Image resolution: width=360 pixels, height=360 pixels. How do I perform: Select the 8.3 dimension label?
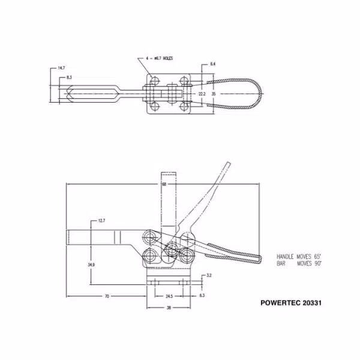point(70,77)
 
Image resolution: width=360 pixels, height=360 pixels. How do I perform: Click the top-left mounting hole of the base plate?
point(155,81)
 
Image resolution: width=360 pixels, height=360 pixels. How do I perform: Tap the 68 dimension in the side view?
point(164,184)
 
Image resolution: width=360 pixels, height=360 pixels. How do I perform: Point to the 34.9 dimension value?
point(91,263)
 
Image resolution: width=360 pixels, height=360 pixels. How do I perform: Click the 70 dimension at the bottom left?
point(106,296)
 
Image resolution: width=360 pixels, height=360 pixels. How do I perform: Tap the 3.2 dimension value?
point(209,275)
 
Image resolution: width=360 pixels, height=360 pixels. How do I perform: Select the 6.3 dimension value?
point(202,296)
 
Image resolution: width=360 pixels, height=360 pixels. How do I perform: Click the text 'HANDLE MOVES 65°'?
point(299,256)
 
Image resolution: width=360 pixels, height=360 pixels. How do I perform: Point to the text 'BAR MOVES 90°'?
point(299,263)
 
